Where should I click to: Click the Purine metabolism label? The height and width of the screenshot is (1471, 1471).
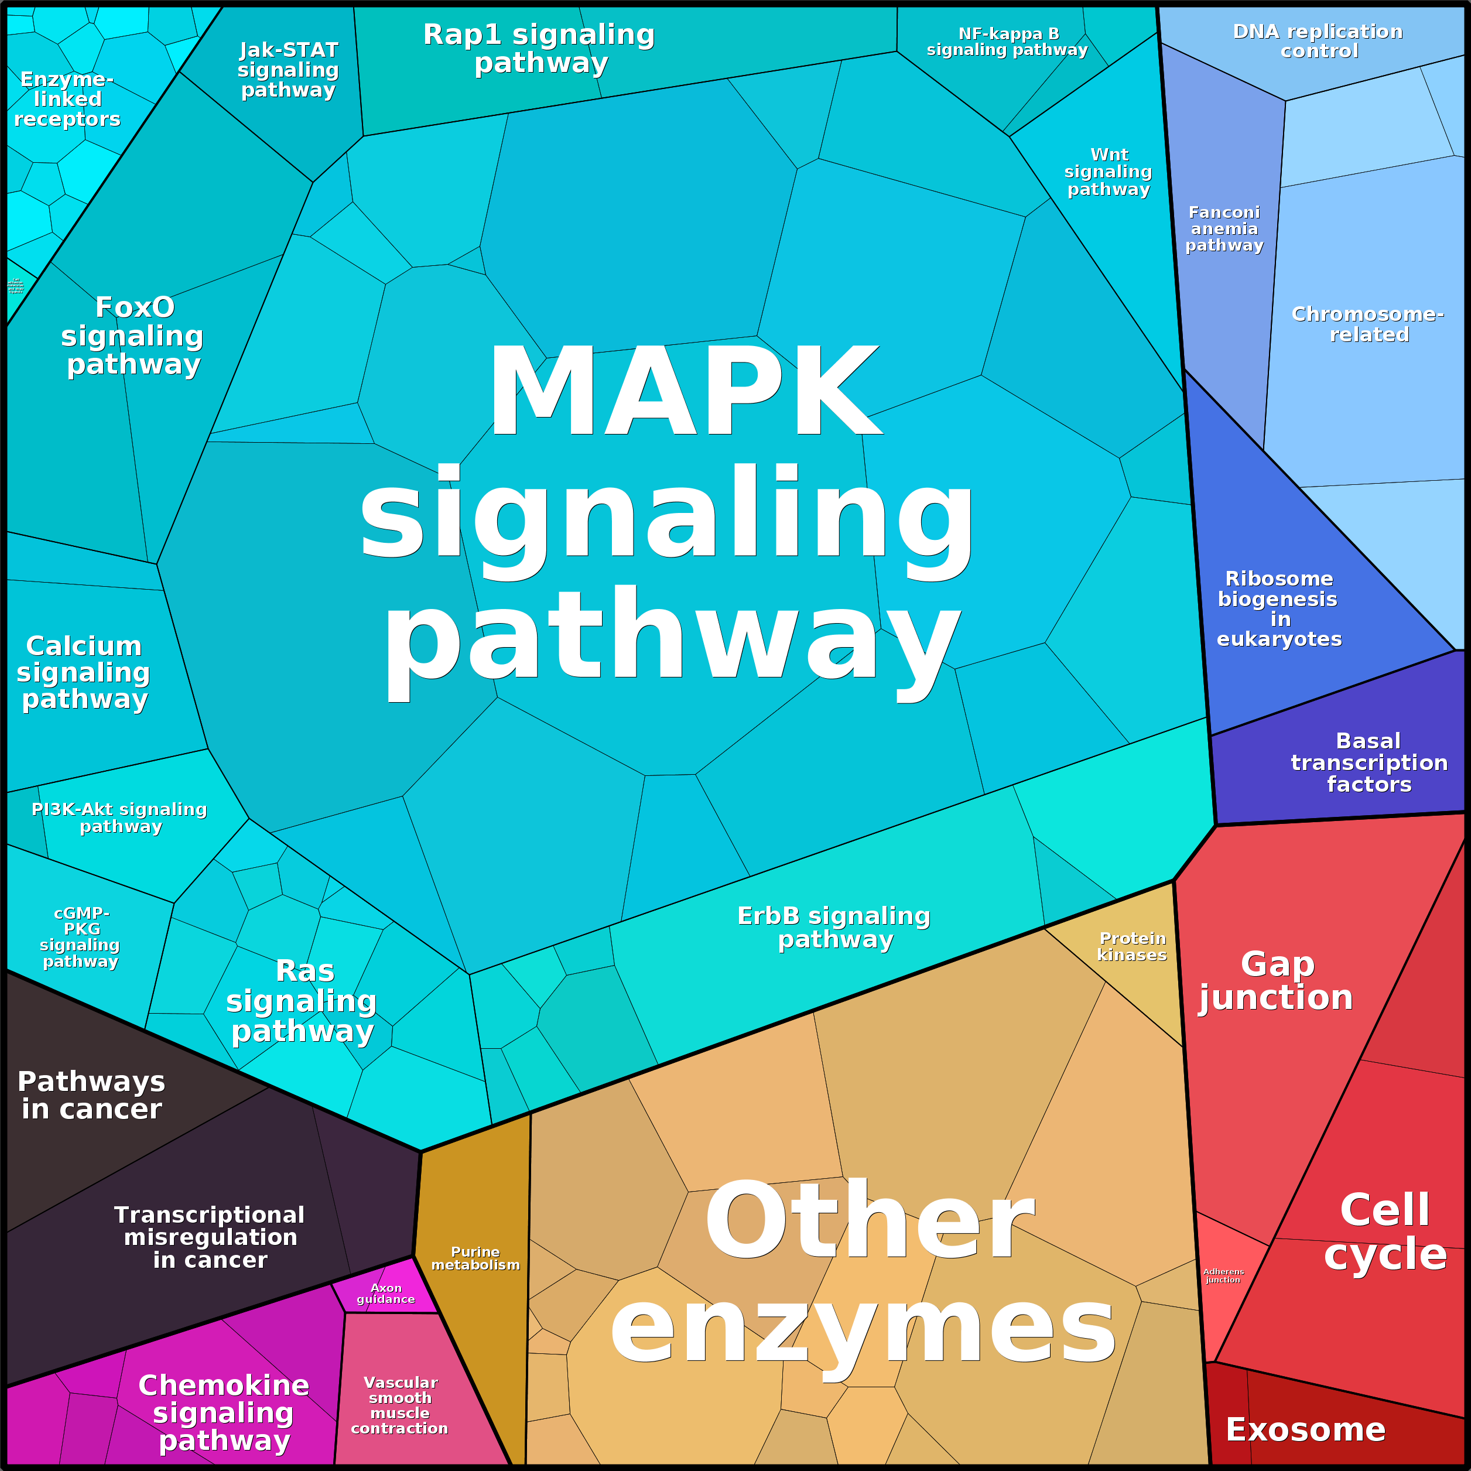point(475,1258)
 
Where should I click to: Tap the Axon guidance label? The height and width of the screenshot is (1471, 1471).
point(385,1293)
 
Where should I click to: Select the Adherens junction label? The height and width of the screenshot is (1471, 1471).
point(1223,1275)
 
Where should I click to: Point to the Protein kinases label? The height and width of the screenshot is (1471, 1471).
point(1132,946)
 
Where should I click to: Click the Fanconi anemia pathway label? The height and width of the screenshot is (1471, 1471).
point(1224,228)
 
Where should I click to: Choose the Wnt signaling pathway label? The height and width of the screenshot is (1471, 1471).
point(1109,172)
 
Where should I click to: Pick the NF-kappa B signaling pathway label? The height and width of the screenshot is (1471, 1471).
point(1007,42)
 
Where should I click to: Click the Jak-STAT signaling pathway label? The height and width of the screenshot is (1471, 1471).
point(289,70)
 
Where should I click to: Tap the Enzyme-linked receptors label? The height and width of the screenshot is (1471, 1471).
point(67,99)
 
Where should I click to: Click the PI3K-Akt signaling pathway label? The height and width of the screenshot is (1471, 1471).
point(120,817)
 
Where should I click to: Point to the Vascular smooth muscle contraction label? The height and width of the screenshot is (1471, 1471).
point(400,1405)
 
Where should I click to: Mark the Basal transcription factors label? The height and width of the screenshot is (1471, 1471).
point(1369,762)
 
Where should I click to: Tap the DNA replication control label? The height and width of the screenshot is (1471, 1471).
point(1318,41)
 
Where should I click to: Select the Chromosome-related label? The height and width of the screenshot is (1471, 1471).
point(1368,324)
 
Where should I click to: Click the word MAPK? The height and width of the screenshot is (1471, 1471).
point(685,392)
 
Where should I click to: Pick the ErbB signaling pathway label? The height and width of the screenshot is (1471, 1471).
point(834,928)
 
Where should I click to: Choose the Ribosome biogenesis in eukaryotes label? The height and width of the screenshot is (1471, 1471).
point(1279,608)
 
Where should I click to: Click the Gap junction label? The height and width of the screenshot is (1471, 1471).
point(1277,981)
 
